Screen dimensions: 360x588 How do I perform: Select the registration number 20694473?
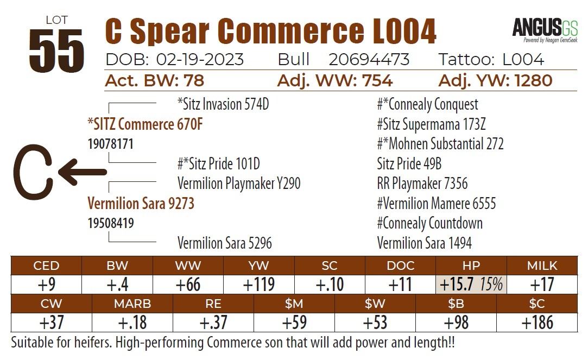point(369,59)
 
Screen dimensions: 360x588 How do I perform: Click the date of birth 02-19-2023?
point(200,59)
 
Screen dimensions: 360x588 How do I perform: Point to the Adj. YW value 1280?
point(525,81)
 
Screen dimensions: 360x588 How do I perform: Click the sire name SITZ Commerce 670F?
point(145,124)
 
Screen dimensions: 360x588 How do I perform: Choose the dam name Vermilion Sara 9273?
point(141,204)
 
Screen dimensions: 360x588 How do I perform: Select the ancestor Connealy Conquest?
point(427,104)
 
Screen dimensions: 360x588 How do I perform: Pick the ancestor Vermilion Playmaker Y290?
point(239,184)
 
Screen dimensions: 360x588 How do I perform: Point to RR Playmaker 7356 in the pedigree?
point(422,184)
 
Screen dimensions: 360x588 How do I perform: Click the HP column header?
point(471,266)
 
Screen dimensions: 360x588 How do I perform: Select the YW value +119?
point(259,285)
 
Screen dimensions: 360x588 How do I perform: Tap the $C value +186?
point(537,323)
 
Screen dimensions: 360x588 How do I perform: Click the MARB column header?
point(132,304)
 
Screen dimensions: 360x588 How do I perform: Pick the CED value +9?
point(46,285)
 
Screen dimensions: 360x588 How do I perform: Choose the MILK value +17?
point(541,285)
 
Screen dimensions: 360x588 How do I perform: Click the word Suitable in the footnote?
point(33,343)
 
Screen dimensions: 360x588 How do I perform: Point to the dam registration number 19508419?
point(111,223)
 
